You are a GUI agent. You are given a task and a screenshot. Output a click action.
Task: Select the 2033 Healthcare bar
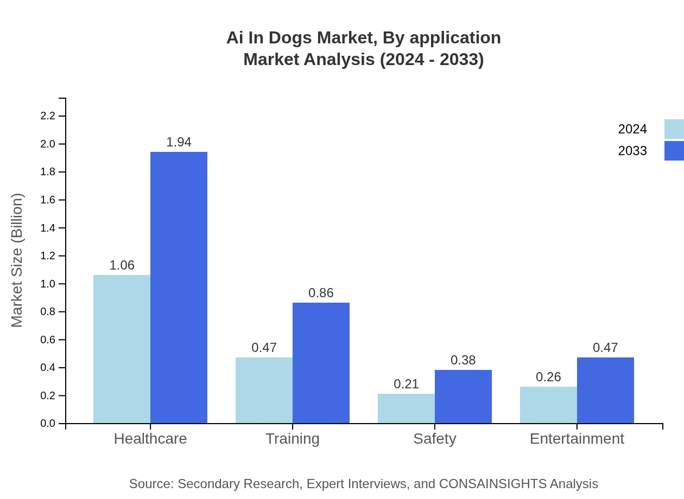pyautogui.click(x=179, y=287)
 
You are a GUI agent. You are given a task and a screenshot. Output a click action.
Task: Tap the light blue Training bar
pyautogui.click(x=264, y=390)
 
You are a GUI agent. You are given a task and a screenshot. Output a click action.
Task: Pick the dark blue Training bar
pyautogui.click(x=321, y=363)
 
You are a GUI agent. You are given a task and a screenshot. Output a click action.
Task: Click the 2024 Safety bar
pyautogui.click(x=406, y=408)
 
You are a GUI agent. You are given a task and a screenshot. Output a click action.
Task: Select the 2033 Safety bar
pyautogui.click(x=463, y=396)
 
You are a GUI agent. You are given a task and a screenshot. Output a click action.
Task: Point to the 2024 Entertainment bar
pyautogui.click(x=548, y=405)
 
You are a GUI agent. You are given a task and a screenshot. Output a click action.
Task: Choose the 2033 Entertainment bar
pyautogui.click(x=605, y=390)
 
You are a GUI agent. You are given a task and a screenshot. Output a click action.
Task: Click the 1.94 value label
pyautogui.click(x=179, y=142)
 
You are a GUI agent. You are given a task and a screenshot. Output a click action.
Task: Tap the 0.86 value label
pyautogui.click(x=321, y=293)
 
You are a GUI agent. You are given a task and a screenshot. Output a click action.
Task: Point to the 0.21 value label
pyautogui.click(x=406, y=384)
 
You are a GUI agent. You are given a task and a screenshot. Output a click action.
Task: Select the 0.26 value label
pyautogui.click(x=548, y=377)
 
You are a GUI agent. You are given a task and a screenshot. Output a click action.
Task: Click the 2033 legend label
pyautogui.click(x=632, y=151)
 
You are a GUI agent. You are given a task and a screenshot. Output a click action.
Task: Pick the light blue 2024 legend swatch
pyautogui.click(x=674, y=129)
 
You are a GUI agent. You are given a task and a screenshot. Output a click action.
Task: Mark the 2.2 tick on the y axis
pyautogui.click(x=48, y=116)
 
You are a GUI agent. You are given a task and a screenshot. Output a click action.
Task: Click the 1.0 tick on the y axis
pyautogui.click(x=48, y=284)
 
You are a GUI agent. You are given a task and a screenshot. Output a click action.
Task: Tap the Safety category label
pyautogui.click(x=434, y=438)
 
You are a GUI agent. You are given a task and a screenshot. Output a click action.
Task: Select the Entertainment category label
pyautogui.click(x=577, y=438)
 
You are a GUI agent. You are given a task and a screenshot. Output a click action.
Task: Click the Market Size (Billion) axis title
pyautogui.click(x=17, y=260)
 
